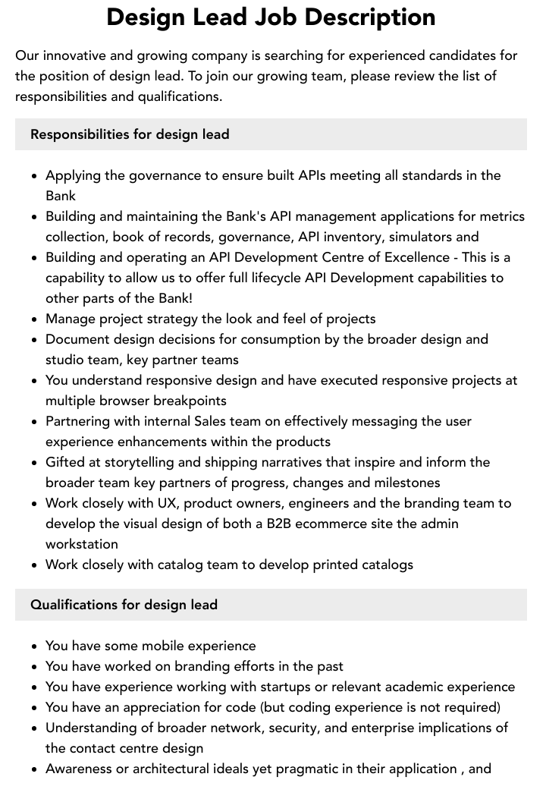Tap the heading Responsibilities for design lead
(130, 134)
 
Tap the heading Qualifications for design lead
(124, 605)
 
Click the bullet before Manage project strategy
(35, 319)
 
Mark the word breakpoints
(190, 401)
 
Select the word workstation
(82, 544)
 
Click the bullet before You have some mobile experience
(35, 646)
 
